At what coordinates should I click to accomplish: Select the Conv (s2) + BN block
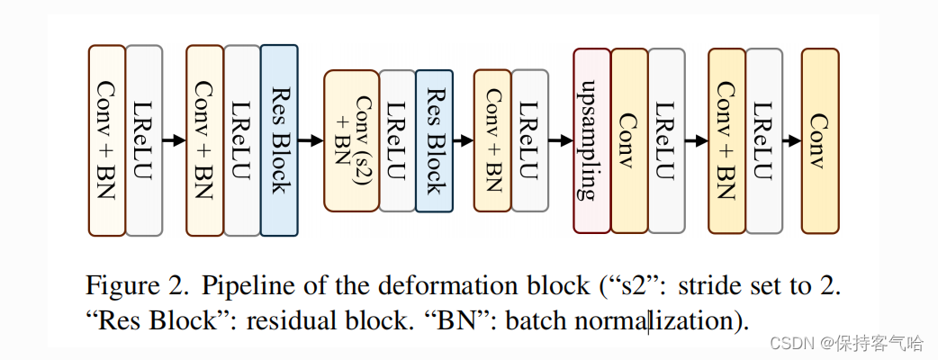351,140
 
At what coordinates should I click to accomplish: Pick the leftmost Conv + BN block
106,140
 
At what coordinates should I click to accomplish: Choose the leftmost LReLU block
144,140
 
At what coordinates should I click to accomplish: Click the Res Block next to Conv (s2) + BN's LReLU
434,140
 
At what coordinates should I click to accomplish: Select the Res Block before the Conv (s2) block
279,140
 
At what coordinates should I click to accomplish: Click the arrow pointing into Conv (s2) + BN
311,140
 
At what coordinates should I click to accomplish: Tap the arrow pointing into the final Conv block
789,140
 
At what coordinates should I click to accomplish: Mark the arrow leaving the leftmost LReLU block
174,140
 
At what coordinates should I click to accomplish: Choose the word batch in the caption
537,320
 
